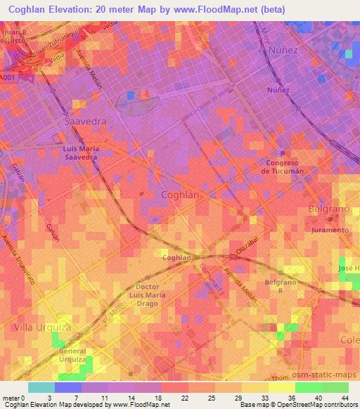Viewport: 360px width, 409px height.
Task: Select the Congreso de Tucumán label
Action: (281, 167)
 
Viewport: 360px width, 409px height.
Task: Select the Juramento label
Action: (330, 230)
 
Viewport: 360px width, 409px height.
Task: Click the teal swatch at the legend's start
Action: (41, 387)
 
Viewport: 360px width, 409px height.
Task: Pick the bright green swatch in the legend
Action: (308, 387)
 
